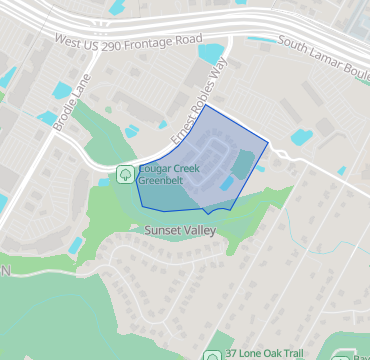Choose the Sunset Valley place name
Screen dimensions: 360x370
pos(179,230)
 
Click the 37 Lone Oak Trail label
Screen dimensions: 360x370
pos(264,354)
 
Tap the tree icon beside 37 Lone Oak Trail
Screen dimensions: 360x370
pos(213,355)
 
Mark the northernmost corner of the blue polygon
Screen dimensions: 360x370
pos(206,104)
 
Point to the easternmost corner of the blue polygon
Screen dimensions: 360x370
pos(270,143)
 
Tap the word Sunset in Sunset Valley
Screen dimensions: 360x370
pos(162,230)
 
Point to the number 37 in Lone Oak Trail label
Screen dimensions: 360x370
pos(232,354)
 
